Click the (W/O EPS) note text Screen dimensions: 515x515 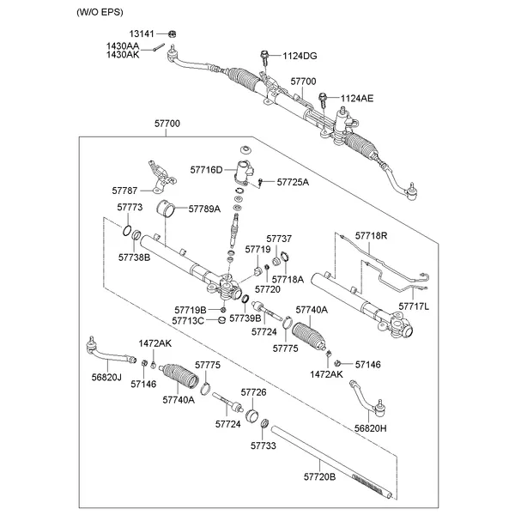coord(101,12)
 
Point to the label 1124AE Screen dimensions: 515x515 coord(357,99)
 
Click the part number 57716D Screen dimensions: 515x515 coord(205,170)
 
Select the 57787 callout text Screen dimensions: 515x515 coord(124,190)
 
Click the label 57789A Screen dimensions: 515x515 coord(204,209)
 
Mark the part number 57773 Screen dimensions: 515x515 coord(129,209)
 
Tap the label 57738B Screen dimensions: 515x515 coord(134,257)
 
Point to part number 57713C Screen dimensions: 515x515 coord(188,320)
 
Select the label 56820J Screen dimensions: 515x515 coord(106,377)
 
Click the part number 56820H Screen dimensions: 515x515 coord(371,427)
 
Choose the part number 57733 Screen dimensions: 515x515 coord(264,445)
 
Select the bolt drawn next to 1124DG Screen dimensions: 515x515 coord(264,58)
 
